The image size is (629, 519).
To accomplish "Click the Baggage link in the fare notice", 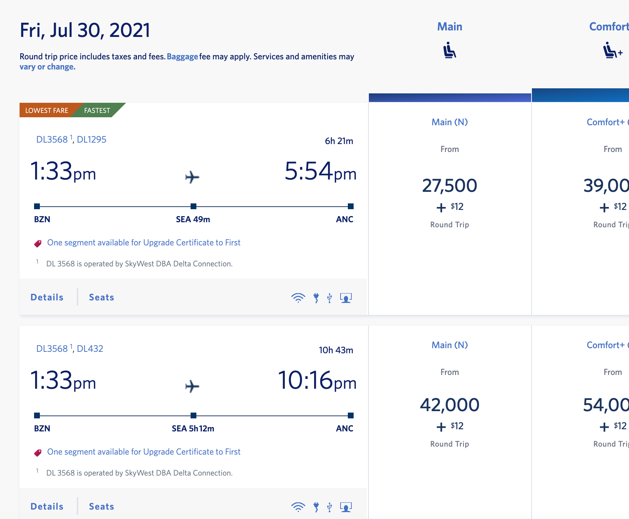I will tap(182, 57).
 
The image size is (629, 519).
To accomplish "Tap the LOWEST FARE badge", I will tap(47, 110).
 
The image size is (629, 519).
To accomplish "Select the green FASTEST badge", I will tap(97, 110).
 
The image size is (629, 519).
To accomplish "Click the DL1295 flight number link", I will tap(92, 140).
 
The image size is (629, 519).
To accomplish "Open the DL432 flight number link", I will tap(90, 349).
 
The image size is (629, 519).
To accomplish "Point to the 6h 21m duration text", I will tap(339, 141).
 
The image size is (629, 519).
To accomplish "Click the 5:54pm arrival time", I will tap(320, 172).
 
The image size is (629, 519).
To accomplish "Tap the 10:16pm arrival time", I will tap(317, 381).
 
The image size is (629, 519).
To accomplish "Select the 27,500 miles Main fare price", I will tap(449, 186).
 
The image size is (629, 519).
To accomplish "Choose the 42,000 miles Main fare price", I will tap(449, 405).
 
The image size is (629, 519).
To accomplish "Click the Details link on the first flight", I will tap(47, 298).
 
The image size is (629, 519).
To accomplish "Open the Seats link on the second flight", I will tap(101, 507).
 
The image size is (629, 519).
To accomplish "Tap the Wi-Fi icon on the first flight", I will tap(298, 298).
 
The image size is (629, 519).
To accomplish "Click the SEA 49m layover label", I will tap(193, 219).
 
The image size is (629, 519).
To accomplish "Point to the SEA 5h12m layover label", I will tap(193, 429).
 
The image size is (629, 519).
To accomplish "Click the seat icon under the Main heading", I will tap(449, 50).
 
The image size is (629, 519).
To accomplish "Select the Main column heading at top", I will tap(449, 27).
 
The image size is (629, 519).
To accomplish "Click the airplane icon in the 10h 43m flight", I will tap(192, 386).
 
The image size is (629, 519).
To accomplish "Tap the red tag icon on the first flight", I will tap(38, 244).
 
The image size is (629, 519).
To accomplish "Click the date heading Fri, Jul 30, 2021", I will tap(85, 30).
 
